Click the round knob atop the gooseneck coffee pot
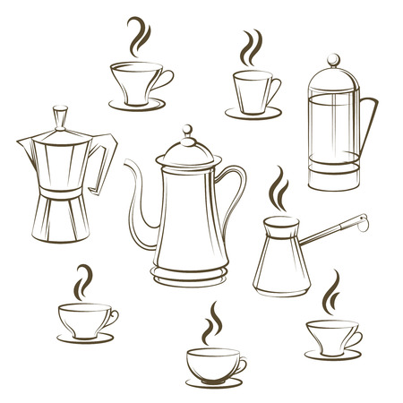point(188,133)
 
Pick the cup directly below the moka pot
point(85,318)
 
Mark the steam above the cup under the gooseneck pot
point(214,322)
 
